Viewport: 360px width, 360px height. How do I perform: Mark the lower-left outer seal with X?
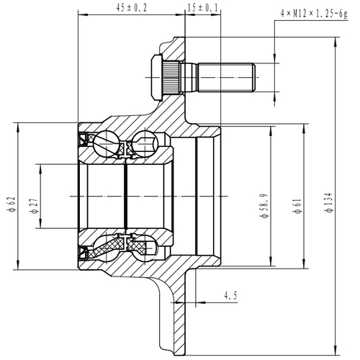(84, 253)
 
